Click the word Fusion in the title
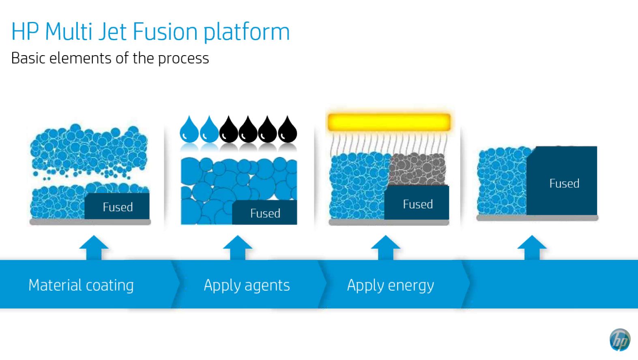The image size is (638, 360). tap(165, 32)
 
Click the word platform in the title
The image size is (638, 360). tap(247, 32)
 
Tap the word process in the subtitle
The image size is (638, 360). tap(183, 58)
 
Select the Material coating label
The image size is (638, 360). tap(81, 285)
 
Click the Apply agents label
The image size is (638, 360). tap(247, 285)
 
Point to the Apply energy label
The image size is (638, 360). tap(390, 285)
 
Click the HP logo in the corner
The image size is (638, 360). tap(620, 340)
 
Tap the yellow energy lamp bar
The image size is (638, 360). tap(389, 122)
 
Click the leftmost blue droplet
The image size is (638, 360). tap(189, 130)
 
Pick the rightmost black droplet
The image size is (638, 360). tap(288, 130)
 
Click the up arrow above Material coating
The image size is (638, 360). tap(94, 247)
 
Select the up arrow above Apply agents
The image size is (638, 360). tap(238, 247)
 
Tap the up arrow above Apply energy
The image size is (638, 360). tap(385, 247)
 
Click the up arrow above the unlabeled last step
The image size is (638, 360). tap(532, 247)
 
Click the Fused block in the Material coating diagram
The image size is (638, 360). tap(117, 206)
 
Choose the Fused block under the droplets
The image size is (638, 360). tap(265, 212)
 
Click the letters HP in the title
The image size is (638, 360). tap(25, 32)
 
